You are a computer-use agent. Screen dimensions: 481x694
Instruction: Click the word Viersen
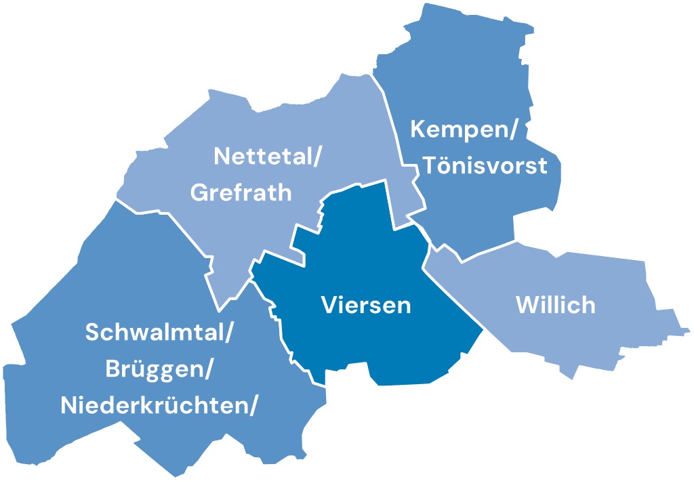pos(366,305)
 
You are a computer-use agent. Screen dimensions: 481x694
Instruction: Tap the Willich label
pos(556,305)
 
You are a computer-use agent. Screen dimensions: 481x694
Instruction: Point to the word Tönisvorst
pos(485,166)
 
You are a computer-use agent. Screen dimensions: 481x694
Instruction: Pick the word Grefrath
pos(242,193)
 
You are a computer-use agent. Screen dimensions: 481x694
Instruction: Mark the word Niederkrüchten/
pos(160,406)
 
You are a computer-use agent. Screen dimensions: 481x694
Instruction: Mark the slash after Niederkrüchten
pos(255,406)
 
